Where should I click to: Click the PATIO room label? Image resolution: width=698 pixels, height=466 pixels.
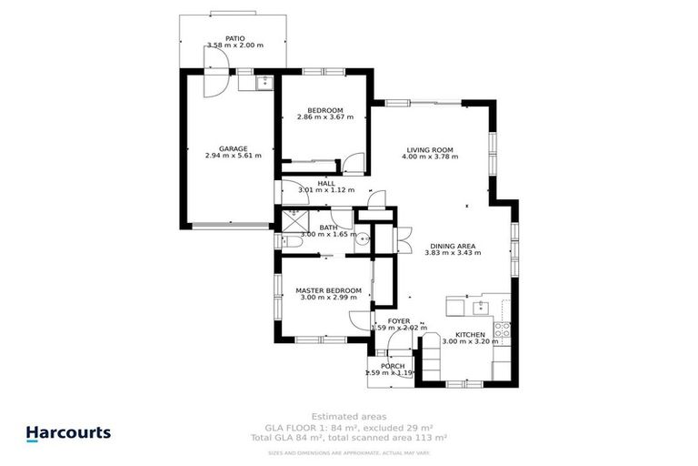[x=234, y=37]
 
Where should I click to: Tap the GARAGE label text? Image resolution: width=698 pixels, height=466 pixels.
[x=233, y=148]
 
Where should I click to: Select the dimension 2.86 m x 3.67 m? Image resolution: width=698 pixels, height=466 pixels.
[x=324, y=117]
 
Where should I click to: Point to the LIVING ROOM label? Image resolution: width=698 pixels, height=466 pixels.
[x=429, y=149]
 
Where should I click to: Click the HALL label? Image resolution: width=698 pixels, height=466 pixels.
[x=325, y=183]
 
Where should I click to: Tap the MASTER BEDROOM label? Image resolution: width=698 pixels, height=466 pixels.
[x=328, y=290]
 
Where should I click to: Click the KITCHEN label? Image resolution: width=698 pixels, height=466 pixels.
[x=470, y=336]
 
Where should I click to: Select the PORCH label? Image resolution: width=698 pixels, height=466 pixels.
[x=392, y=366]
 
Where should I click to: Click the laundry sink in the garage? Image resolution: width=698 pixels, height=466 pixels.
[x=263, y=83]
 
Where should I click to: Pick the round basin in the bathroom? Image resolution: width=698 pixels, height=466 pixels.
[x=362, y=240]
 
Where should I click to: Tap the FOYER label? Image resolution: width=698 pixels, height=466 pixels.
[x=398, y=321]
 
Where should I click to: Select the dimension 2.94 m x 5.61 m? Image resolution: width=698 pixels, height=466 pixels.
[x=233, y=156]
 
